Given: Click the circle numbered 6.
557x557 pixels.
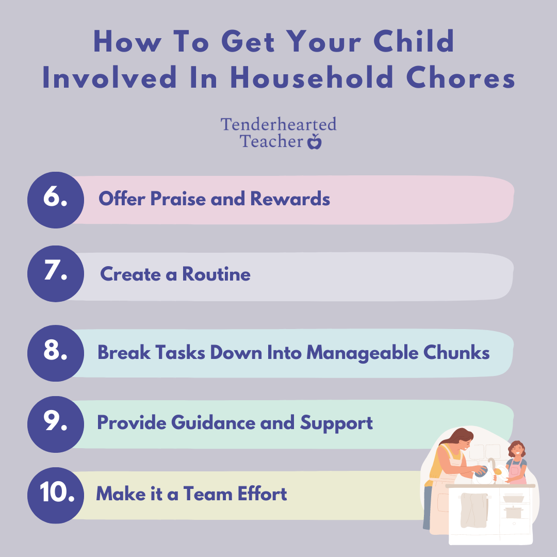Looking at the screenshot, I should [55, 200].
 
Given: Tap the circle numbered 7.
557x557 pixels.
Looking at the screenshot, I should [55, 274].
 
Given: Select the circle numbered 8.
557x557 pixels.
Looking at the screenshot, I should [55, 353].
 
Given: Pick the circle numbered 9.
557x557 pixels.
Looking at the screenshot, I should [55, 424].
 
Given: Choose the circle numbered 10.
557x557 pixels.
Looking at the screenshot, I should [55, 495].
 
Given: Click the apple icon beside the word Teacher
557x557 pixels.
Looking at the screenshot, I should [314, 141].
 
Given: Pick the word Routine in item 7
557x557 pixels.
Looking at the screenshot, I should [216, 274].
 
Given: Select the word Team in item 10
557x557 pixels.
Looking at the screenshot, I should [207, 494].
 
